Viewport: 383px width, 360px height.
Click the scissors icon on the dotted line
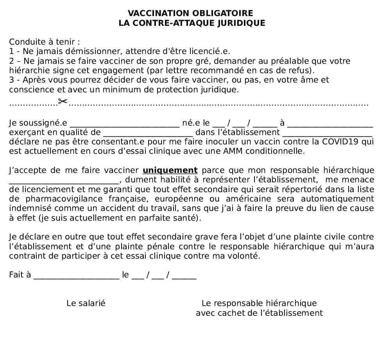click(x=63, y=102)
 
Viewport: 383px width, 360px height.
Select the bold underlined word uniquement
click(x=170, y=170)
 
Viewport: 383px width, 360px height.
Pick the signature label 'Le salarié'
click(x=86, y=303)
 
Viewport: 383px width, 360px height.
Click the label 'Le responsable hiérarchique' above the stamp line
click(x=259, y=303)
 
